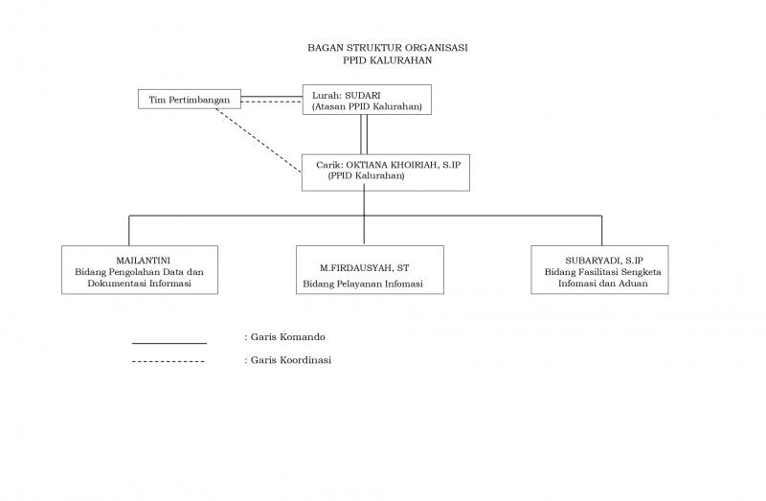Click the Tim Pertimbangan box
(190, 100)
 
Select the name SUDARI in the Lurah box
(363, 95)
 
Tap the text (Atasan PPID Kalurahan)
(367, 106)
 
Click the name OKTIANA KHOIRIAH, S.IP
(403, 165)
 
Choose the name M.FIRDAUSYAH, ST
(365, 268)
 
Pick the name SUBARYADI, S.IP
(604, 261)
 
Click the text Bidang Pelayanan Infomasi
(363, 284)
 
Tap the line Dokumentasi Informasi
(139, 283)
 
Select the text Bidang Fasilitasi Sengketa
(603, 272)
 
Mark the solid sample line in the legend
(169, 344)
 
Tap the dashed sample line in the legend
(169, 362)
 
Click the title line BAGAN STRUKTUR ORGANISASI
(388, 47)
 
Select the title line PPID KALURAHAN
(388, 60)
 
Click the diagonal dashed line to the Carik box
(259, 141)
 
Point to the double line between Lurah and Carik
(364, 134)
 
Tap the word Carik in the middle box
(329, 165)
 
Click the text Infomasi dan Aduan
(603, 283)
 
